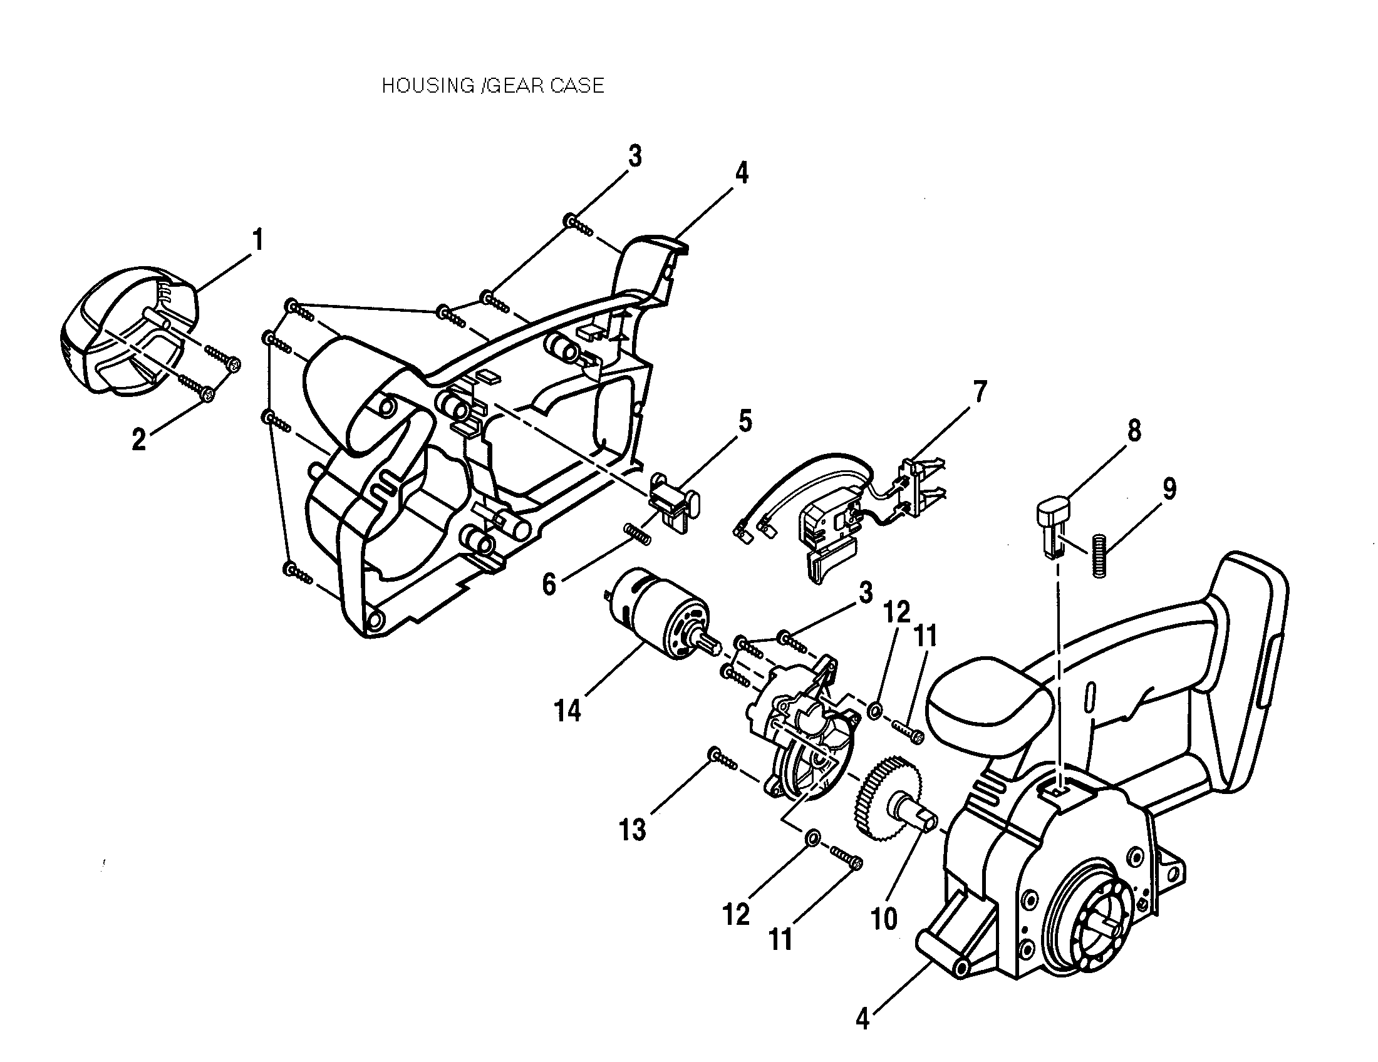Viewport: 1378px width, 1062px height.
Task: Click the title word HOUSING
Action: [x=427, y=86]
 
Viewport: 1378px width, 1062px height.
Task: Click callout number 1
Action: [x=257, y=240]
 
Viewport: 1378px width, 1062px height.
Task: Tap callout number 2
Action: [x=138, y=439]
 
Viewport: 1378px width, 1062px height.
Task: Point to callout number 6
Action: [x=549, y=585]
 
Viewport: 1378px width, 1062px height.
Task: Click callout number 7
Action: [x=979, y=393]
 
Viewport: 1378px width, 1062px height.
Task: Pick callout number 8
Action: [x=1134, y=431]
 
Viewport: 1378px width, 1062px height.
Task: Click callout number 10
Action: [x=883, y=919]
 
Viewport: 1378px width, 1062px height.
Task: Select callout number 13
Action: [x=632, y=830]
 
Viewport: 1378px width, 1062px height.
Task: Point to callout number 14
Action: [x=567, y=711]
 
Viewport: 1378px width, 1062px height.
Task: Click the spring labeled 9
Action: [x=1100, y=556]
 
